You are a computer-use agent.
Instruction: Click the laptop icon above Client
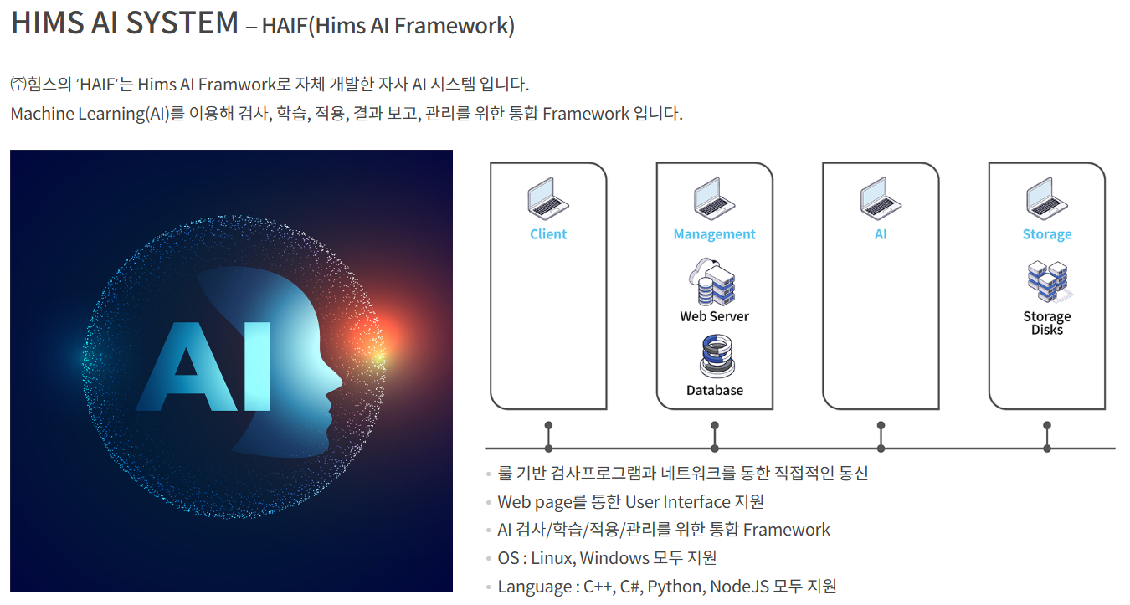[548, 198]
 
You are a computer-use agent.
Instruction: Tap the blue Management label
[714, 234]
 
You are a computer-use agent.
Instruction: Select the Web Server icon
[713, 282]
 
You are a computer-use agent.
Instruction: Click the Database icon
[715, 356]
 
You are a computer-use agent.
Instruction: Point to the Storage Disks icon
[1047, 282]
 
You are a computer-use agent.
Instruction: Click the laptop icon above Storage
[1047, 198]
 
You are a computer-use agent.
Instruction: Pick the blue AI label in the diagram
[881, 234]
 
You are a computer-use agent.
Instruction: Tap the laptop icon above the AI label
[881, 198]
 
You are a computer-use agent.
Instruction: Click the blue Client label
[548, 234]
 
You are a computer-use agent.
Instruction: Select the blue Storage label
[1047, 234]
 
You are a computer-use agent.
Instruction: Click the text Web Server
[714, 316]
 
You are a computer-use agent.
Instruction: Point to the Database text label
[714, 390]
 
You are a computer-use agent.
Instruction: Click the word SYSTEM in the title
[183, 23]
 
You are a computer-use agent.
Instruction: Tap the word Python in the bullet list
[675, 587]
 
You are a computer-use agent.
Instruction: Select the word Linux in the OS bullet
[551, 558]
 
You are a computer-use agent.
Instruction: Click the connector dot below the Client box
[548, 425]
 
